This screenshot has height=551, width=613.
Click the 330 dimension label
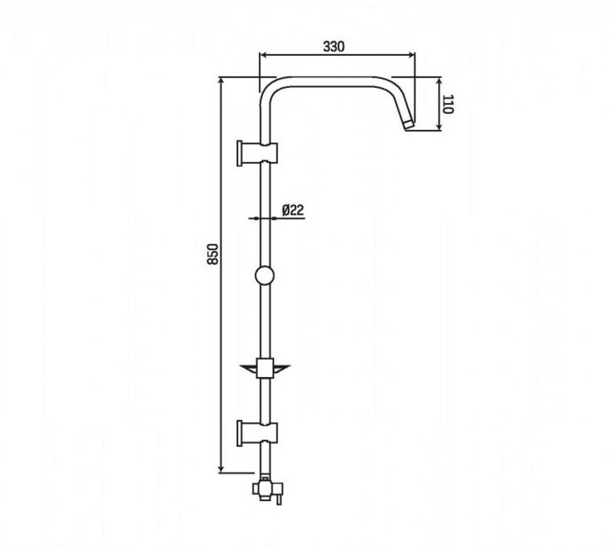(334, 47)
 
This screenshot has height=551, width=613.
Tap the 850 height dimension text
(213, 254)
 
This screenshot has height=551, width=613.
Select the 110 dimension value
(448, 104)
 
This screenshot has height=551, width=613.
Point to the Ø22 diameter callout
(293, 210)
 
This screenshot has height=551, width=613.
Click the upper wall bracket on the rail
(257, 153)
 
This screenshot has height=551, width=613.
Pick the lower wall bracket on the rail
(257, 434)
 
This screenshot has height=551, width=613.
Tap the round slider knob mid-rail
(264, 275)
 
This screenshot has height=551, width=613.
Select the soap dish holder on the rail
(265, 368)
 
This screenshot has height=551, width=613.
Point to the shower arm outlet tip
(408, 124)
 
